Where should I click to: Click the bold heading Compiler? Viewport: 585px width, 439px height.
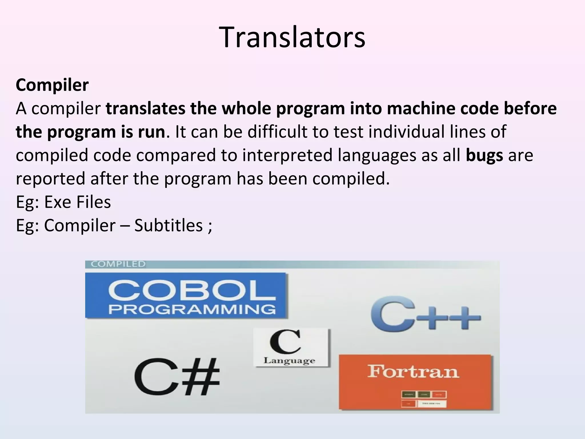click(52, 85)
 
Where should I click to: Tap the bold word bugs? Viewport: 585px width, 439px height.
click(484, 155)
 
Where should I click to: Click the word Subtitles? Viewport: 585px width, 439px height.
click(169, 225)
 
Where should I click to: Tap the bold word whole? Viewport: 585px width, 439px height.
click(246, 109)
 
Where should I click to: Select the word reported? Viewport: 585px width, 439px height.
click(51, 179)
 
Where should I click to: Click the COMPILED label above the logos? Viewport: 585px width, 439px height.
click(118, 264)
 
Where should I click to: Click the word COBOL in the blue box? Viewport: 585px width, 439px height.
click(192, 291)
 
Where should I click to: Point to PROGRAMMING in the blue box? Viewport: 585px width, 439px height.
click(192, 309)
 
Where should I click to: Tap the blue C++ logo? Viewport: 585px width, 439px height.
click(425, 317)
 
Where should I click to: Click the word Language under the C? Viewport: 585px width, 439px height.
click(289, 361)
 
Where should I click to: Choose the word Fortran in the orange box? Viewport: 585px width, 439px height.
click(413, 371)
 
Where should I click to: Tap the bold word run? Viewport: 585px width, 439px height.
click(151, 132)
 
